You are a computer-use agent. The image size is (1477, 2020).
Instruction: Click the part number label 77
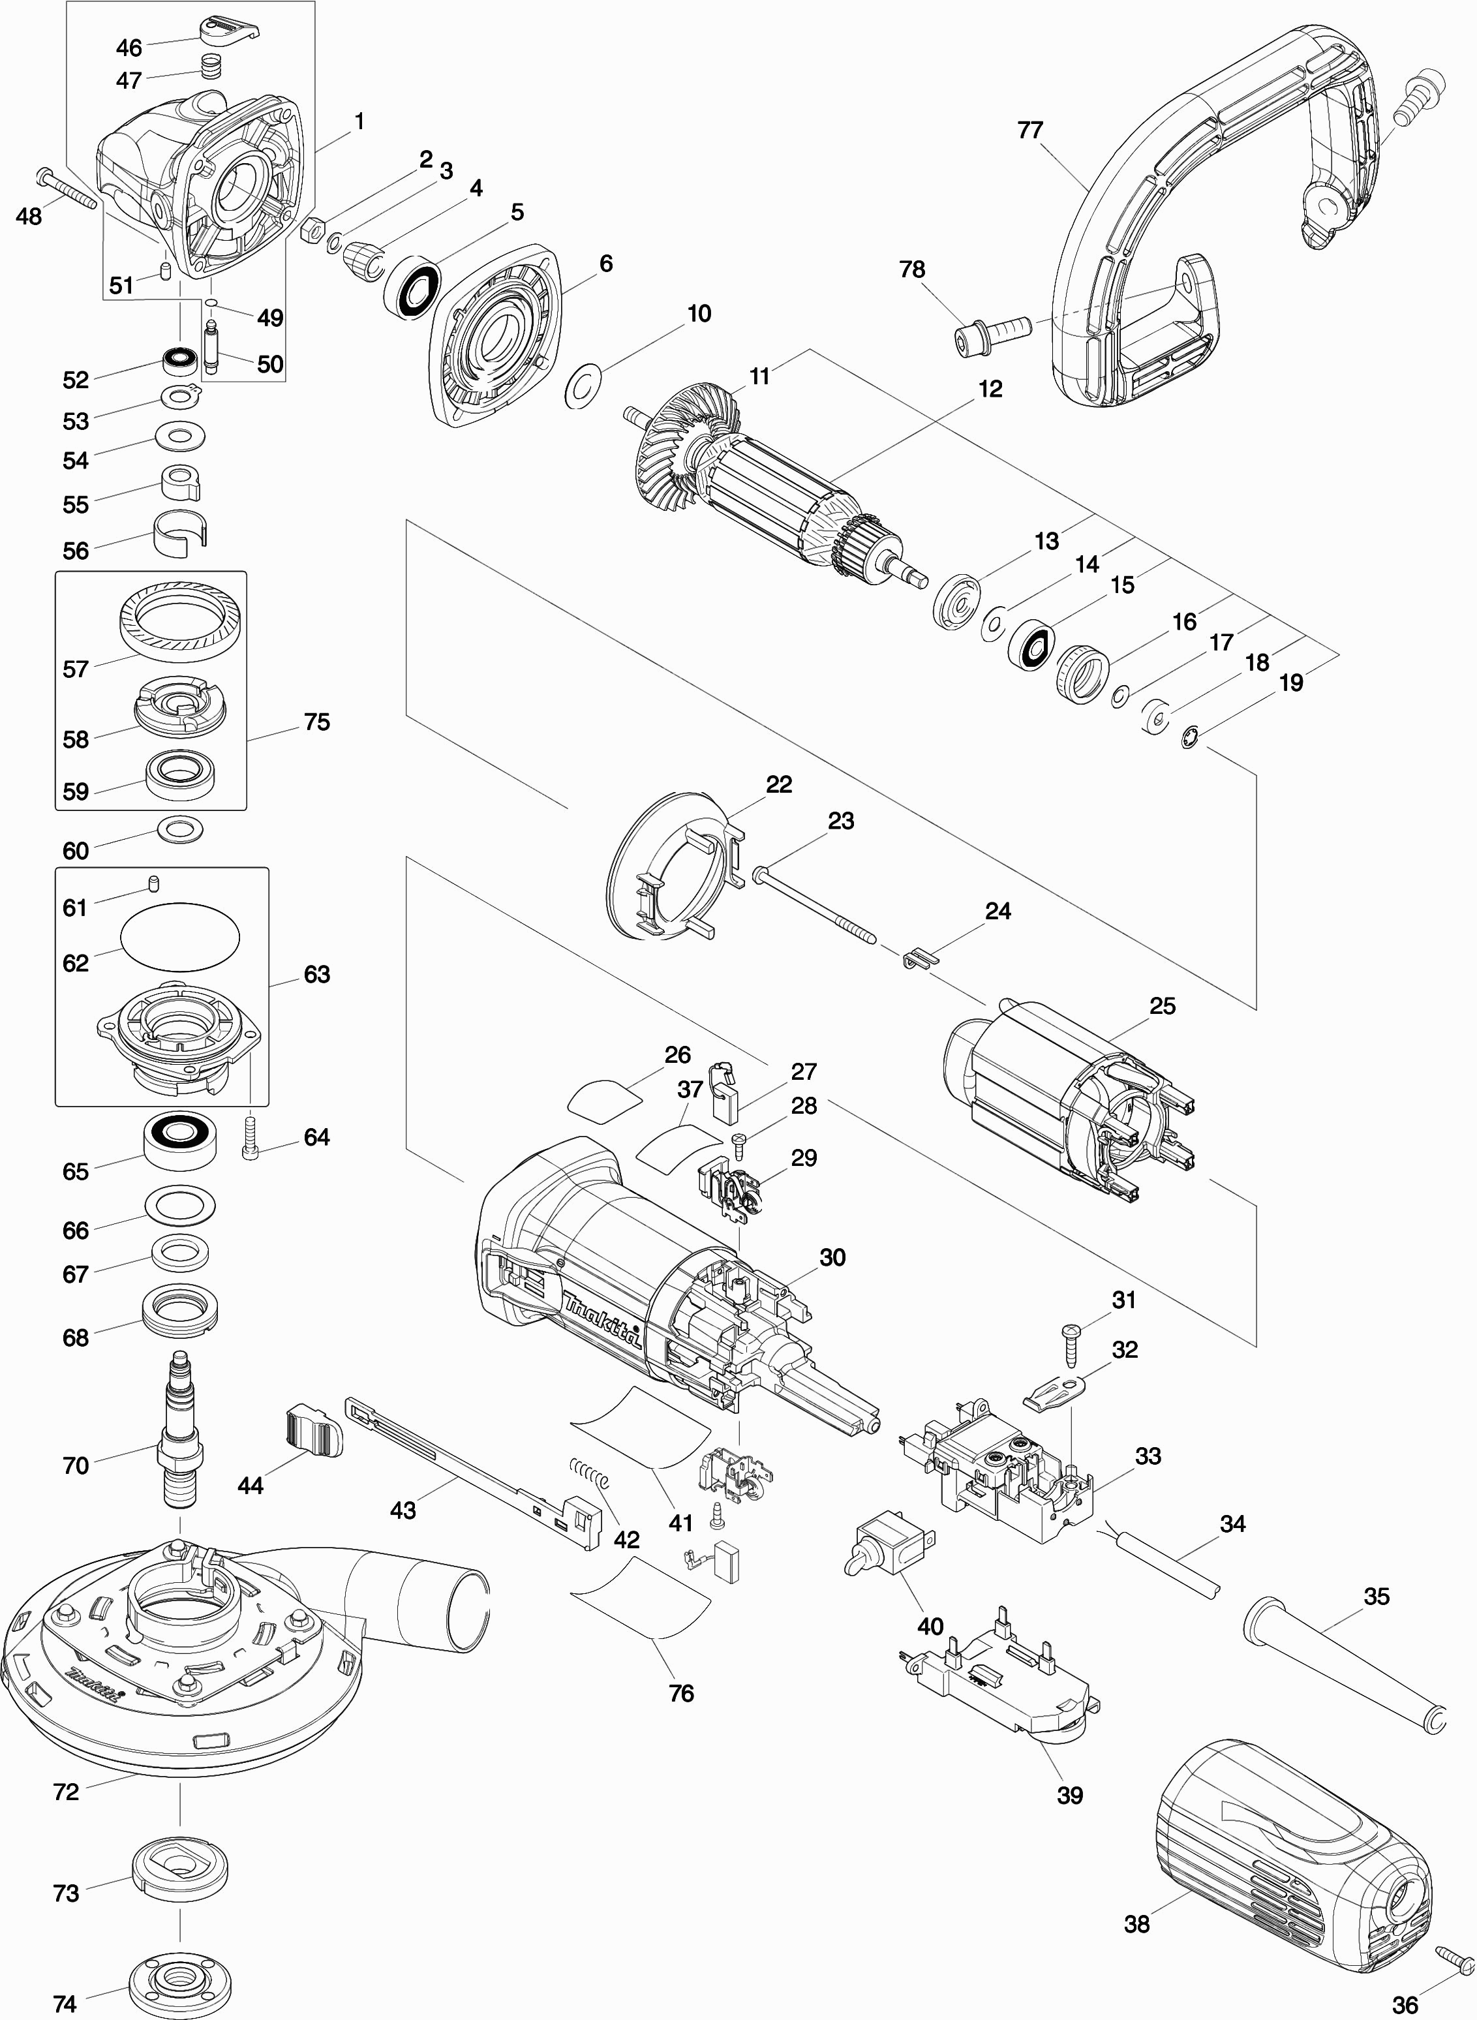click(1030, 130)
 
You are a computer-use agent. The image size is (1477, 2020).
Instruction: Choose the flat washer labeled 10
click(584, 386)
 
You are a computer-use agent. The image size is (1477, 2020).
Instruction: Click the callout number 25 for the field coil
click(1161, 1006)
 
